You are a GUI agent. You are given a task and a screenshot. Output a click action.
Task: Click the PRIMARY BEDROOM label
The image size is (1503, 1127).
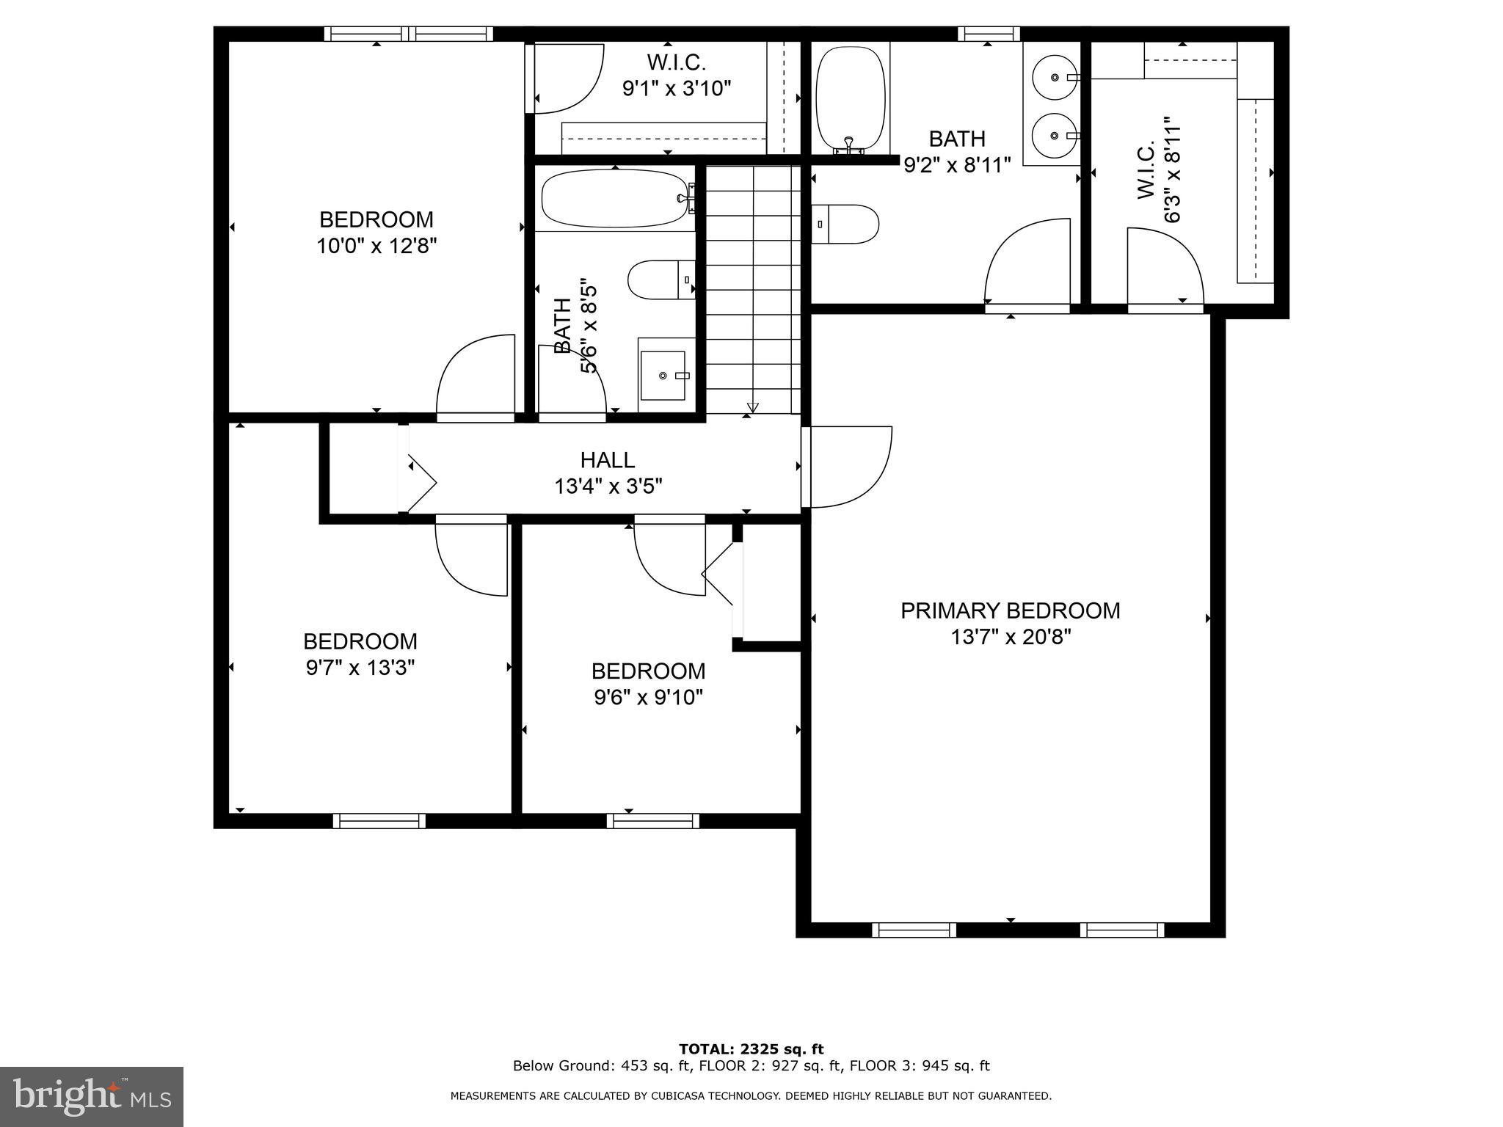click(1010, 610)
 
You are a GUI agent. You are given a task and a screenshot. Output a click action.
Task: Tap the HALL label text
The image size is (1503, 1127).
click(607, 460)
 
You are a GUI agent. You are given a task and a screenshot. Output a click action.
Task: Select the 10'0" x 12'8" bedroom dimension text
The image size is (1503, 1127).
click(376, 246)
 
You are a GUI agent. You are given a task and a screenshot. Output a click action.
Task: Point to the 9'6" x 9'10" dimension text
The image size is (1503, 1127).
click(649, 697)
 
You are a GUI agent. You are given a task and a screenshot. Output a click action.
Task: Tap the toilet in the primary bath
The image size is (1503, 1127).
click(848, 224)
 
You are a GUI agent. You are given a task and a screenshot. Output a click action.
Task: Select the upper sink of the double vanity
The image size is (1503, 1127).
click(1054, 77)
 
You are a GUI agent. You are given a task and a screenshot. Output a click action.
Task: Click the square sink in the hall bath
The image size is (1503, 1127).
click(663, 376)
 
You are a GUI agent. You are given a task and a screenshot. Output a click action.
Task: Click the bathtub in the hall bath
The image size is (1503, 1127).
click(614, 199)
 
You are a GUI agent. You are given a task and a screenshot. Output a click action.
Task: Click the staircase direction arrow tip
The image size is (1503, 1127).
click(752, 408)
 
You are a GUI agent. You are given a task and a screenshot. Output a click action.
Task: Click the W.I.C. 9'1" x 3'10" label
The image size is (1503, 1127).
click(677, 75)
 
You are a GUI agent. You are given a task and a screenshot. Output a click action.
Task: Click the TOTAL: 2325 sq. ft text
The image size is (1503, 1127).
click(751, 1049)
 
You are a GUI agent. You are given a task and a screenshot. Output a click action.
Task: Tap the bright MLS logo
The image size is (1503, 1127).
click(92, 1097)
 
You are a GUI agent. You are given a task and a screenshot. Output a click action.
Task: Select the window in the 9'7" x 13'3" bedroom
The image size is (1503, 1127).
click(379, 821)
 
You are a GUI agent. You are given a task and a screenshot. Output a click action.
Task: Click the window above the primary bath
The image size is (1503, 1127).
click(988, 33)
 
